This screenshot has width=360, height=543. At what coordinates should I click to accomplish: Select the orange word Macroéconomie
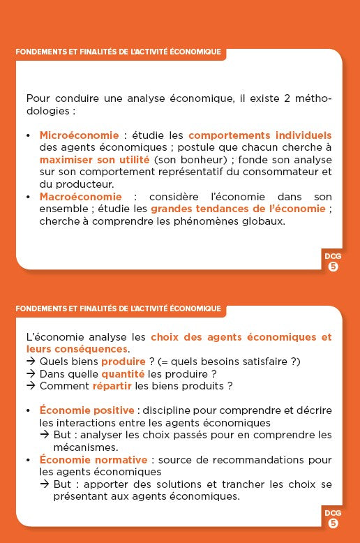(x=80, y=197)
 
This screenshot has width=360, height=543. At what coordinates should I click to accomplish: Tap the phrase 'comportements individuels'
(x=260, y=135)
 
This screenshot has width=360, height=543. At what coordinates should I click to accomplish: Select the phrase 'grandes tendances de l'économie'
(x=238, y=209)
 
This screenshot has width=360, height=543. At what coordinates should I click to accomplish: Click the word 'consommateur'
(x=269, y=172)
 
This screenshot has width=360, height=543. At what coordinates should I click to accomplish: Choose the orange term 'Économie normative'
(x=93, y=460)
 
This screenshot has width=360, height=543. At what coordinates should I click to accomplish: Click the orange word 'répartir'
(x=112, y=386)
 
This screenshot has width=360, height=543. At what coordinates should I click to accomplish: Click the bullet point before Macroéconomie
(x=28, y=197)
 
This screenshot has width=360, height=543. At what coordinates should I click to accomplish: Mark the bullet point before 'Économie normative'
(x=28, y=460)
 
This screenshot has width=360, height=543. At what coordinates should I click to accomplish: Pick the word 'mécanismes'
(x=86, y=447)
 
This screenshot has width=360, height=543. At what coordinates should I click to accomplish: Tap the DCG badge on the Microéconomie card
(x=333, y=260)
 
